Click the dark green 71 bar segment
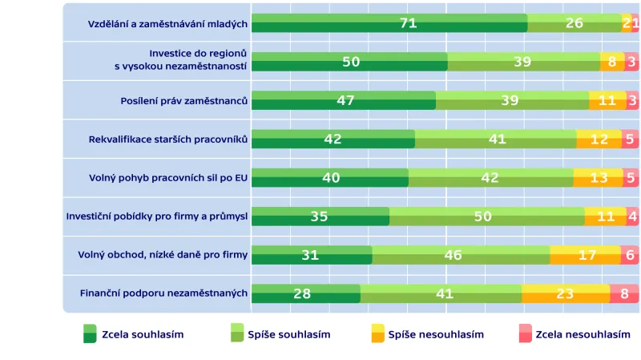click(389, 23)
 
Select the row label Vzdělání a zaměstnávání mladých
click(167, 24)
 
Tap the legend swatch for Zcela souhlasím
click(90, 334)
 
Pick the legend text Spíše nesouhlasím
click(436, 334)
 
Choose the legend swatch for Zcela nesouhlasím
click(526, 334)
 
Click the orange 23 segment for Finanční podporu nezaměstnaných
click(566, 293)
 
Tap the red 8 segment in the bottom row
click(624, 293)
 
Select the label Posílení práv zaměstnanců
click(183, 101)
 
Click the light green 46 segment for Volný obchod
click(461, 255)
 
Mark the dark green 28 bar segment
click(305, 293)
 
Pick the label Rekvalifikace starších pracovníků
click(168, 140)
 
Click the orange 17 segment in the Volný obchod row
click(585, 255)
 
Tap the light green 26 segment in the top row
click(574, 23)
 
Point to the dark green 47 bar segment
click(344, 100)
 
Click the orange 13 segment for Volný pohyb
click(599, 178)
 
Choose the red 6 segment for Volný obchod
click(630, 255)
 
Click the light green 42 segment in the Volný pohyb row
click(490, 178)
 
